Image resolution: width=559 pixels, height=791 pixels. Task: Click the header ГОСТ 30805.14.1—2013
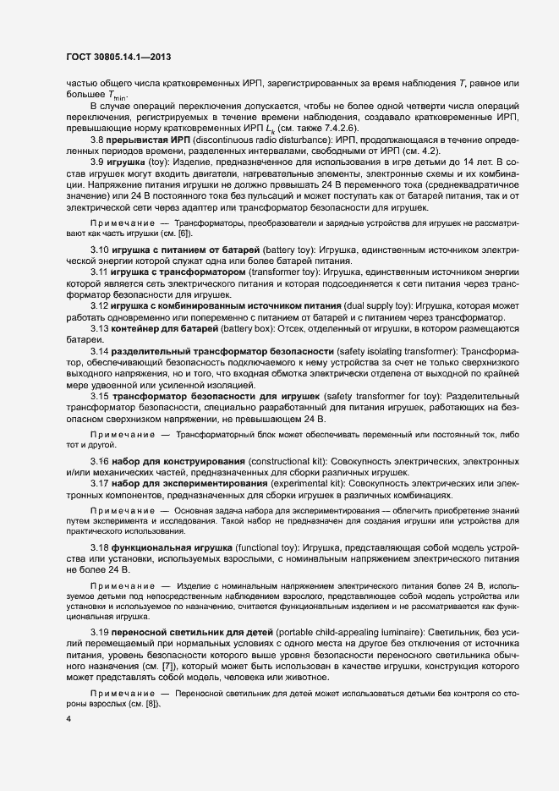click(x=115, y=56)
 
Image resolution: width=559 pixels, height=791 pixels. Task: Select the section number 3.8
click(x=97, y=138)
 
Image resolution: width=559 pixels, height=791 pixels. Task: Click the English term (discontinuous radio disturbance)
click(x=249, y=138)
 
